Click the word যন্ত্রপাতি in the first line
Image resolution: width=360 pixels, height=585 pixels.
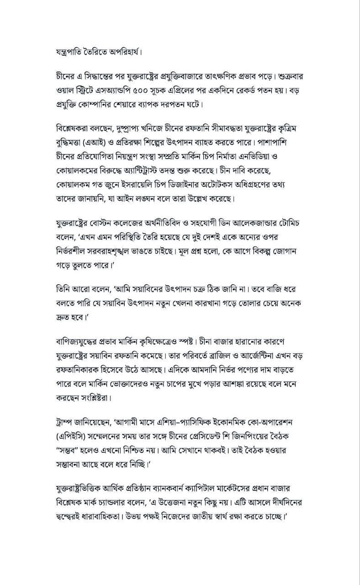[x=70, y=51]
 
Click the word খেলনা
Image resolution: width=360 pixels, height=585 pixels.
[x=198, y=303]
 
